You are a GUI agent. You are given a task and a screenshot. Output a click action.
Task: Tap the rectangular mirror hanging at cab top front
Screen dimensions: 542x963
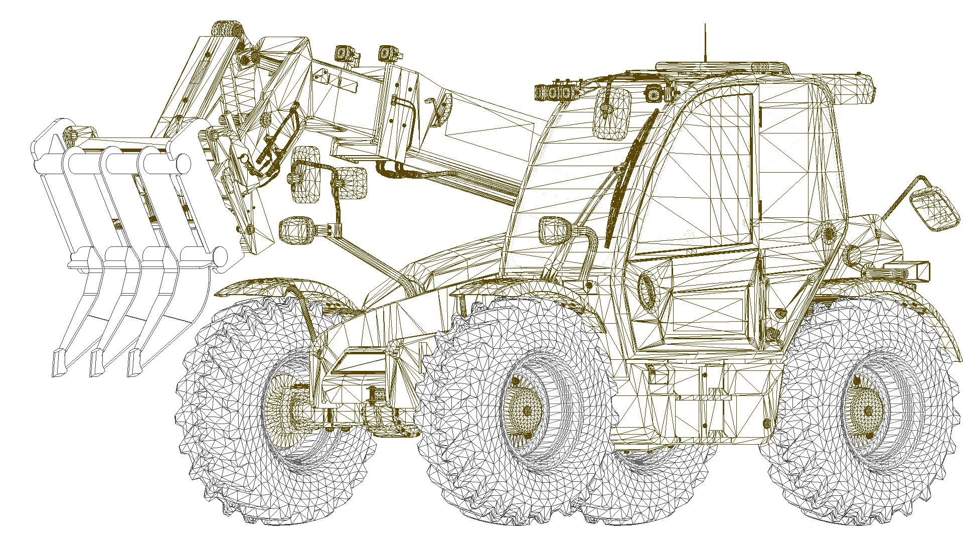coord(612,114)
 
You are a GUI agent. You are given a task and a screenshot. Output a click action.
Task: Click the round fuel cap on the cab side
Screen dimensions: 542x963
coord(647,290)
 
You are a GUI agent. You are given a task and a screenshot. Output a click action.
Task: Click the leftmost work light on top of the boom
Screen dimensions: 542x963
coord(343,53)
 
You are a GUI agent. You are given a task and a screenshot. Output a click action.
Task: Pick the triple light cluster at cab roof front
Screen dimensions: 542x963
coord(555,92)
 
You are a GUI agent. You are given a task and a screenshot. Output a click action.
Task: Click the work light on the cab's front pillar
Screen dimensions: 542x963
coord(555,231)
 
